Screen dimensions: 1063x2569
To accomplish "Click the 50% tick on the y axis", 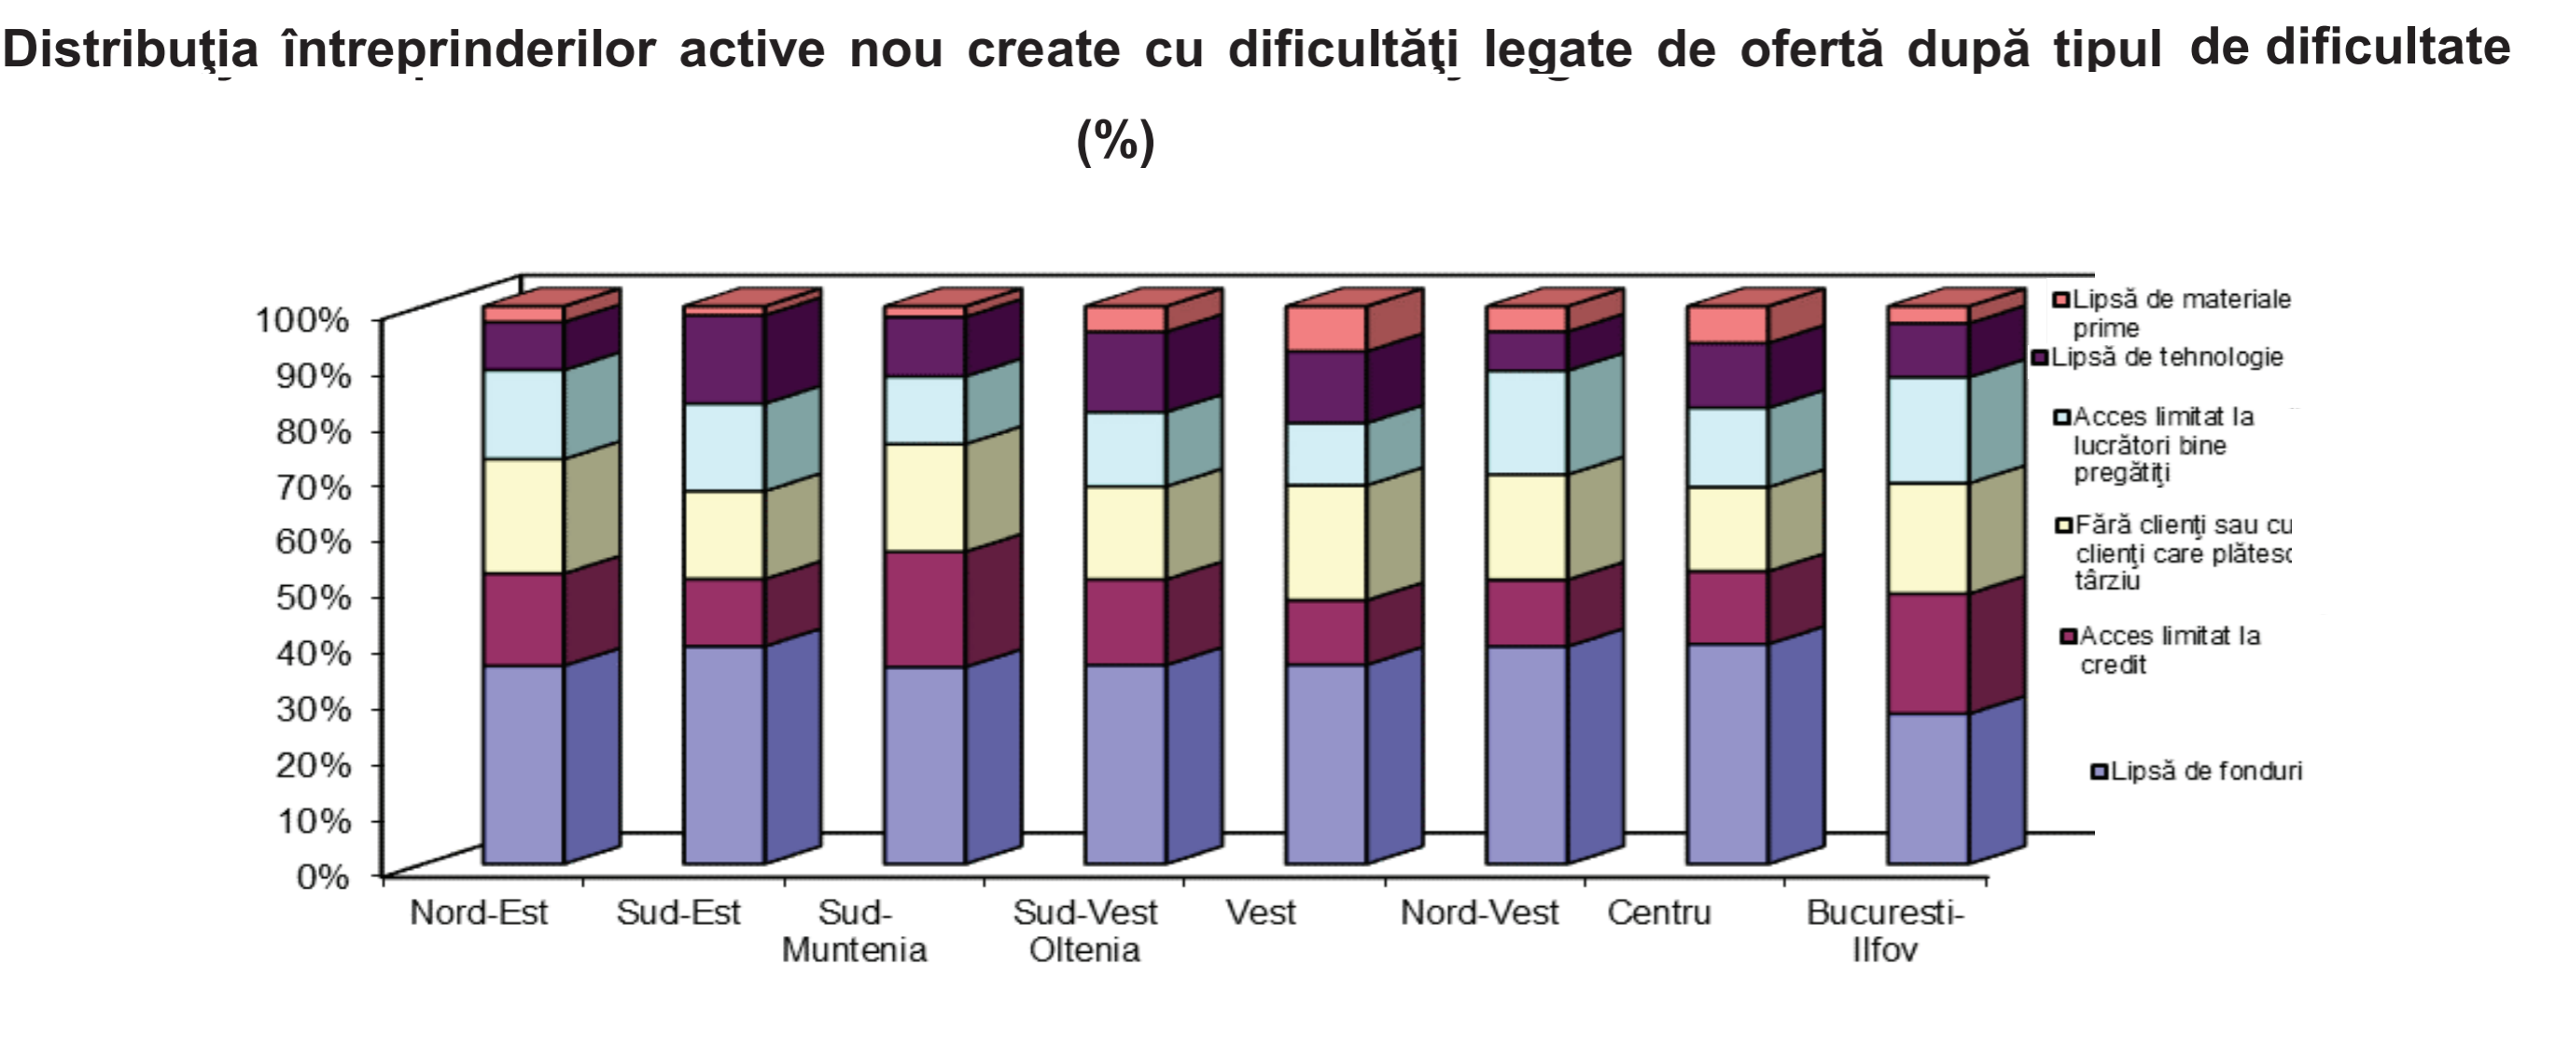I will (322, 598).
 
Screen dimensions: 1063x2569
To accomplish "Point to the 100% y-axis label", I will (303, 321).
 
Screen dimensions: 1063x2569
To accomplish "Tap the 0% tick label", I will (322, 877).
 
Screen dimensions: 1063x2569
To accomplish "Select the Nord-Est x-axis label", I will (479, 913).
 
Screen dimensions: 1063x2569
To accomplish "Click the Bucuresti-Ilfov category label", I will (1885, 930).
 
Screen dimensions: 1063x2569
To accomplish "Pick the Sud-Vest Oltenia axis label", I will (1085, 930).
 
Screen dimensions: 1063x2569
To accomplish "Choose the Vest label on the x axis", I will (1261, 913).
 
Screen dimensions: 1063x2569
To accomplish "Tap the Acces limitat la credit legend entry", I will (2169, 650).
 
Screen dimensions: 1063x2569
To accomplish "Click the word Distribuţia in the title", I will (131, 49).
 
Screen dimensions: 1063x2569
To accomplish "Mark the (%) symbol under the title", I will (1116, 141).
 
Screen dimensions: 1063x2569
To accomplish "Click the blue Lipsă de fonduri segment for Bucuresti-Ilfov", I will (1928, 788).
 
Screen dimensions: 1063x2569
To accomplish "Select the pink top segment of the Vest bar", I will (1325, 329).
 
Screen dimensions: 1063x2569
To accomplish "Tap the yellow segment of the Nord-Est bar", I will (523, 515).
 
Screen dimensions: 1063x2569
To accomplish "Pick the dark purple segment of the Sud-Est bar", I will (723, 359).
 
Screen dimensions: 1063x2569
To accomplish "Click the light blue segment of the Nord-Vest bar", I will (1526, 422).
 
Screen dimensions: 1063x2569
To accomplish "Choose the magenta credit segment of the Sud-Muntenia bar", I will (924, 609).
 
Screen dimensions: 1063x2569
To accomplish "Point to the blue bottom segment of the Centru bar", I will (1727, 753).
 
